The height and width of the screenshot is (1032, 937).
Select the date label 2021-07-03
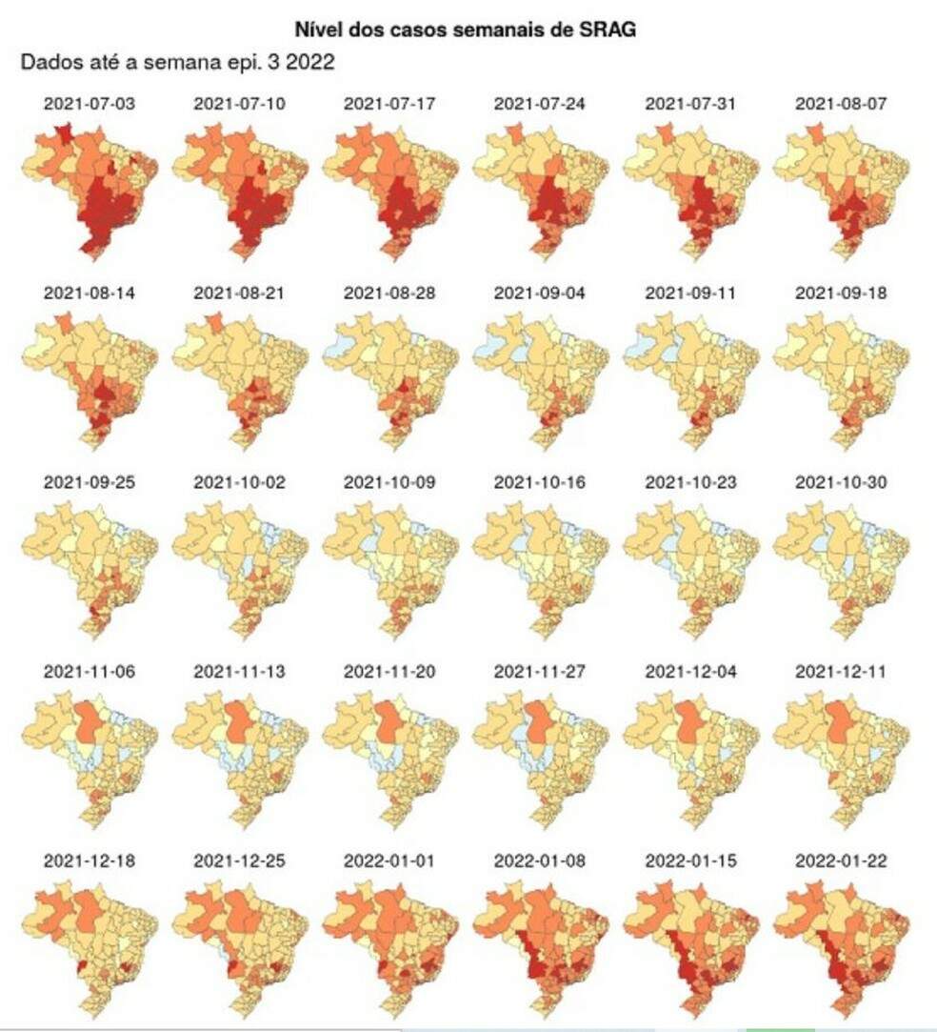tap(89, 103)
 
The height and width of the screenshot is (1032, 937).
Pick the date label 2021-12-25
tap(239, 860)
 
